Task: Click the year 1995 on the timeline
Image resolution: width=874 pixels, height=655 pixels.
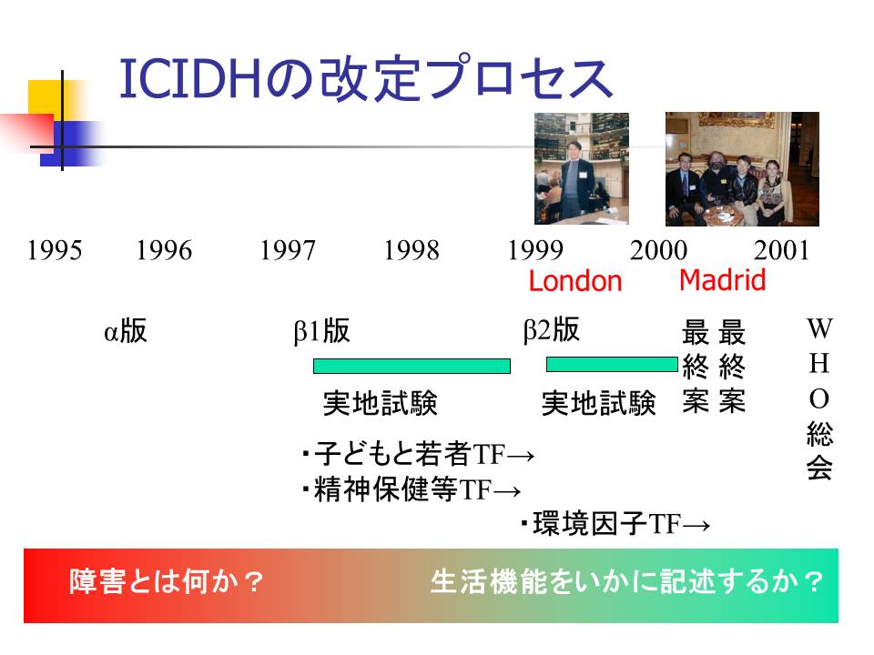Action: pos(55,250)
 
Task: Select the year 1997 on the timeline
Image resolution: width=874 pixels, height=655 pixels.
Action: pos(288,250)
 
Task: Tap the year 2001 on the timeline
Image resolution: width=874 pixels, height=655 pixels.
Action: pos(781,250)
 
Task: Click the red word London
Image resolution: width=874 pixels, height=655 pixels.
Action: pos(574,281)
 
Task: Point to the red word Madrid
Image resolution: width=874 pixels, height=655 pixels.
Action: pos(722,279)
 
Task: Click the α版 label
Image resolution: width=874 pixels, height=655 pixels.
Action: pos(126,330)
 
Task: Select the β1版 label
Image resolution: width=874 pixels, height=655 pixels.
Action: pos(321,330)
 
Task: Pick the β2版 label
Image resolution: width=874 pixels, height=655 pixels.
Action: pos(552,329)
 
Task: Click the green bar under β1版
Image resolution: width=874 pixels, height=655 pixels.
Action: pos(412,366)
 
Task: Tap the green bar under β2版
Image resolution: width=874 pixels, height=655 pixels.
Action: pos(612,365)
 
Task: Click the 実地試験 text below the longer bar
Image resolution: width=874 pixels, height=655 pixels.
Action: pos(381,403)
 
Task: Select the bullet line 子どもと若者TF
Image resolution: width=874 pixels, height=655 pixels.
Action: pos(418,454)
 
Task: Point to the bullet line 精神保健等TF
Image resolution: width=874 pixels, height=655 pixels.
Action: pos(412,489)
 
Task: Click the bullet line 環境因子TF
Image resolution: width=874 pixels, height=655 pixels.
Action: pos(615,524)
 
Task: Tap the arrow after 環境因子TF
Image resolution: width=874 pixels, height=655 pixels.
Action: pos(696,525)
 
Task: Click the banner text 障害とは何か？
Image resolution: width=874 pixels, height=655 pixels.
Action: pos(166,582)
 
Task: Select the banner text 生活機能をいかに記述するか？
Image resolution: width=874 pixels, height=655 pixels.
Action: pos(626,582)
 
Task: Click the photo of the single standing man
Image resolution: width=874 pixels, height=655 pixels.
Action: pos(582,169)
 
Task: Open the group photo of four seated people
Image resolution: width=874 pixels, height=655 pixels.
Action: pos(742,169)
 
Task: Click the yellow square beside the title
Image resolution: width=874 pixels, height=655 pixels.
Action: pos(46,98)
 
